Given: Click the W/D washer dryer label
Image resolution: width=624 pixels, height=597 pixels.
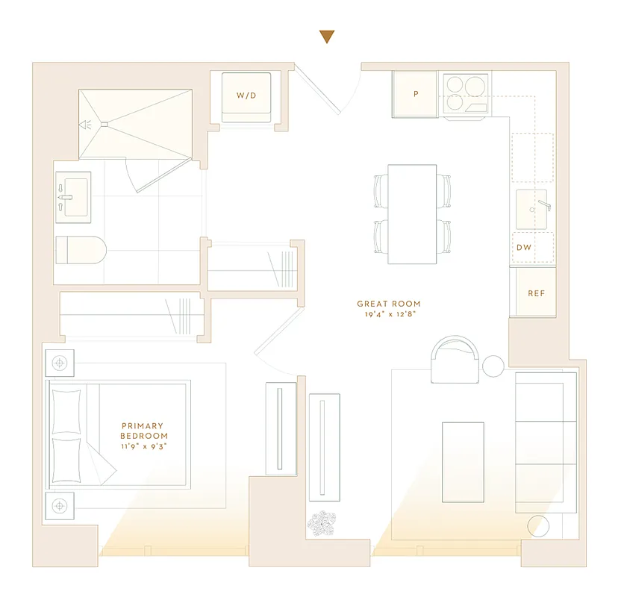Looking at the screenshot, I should click(246, 96).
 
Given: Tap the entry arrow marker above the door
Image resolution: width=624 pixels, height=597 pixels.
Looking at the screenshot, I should click(326, 37).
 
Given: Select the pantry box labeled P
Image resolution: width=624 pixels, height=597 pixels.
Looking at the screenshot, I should click(415, 95).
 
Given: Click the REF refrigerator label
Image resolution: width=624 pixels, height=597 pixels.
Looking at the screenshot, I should click(536, 293).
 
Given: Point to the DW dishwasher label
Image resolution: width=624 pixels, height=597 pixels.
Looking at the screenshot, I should click(524, 246).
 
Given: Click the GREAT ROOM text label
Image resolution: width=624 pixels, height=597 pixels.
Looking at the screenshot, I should click(388, 304).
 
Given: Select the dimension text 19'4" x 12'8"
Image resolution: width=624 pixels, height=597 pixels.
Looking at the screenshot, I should click(388, 314).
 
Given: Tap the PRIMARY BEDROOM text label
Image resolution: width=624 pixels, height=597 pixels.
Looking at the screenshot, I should click(144, 431).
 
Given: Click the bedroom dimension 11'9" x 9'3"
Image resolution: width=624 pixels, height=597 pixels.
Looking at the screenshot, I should click(144, 446).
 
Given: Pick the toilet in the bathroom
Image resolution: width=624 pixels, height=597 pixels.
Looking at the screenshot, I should click(81, 250).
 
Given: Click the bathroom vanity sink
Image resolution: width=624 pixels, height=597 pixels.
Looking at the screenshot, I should click(72, 198).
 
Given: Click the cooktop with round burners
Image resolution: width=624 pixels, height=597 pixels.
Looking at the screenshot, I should click(466, 95).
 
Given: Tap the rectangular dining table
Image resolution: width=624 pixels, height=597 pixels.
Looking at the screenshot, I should click(411, 213).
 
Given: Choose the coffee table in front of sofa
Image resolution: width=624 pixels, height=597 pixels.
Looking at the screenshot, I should click(463, 462).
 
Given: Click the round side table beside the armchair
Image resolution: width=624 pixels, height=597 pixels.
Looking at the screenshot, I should click(493, 366).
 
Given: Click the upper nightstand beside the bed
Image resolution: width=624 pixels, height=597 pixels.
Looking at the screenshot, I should click(60, 363).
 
